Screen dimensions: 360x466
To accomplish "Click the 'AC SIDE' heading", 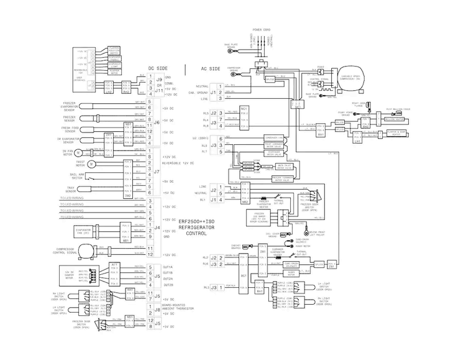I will pos(212,68).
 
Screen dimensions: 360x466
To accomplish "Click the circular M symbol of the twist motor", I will pos(90,164).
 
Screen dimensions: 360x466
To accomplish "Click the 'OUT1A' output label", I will pos(168,266).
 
